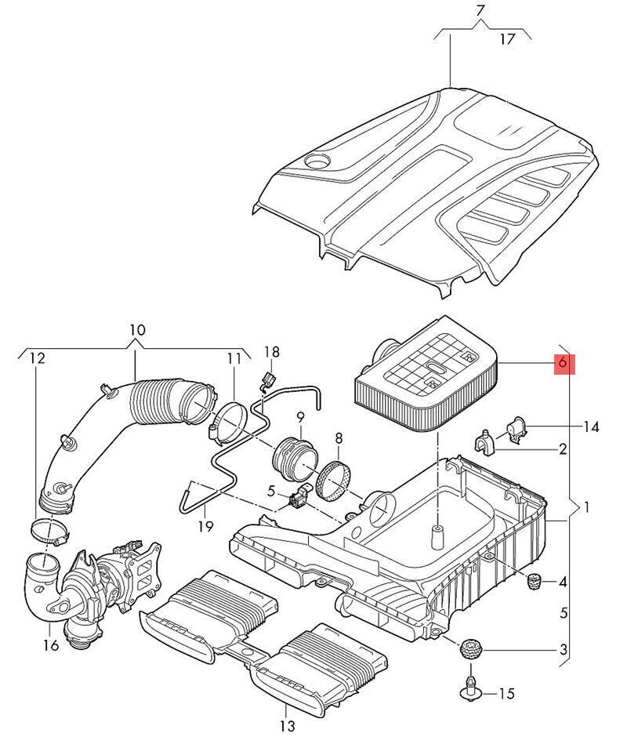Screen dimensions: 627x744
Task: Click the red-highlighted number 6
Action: [x=563, y=363]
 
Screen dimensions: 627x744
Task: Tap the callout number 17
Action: [x=507, y=39]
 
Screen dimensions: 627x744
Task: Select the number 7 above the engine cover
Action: [x=481, y=11]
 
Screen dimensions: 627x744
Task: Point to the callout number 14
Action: [x=591, y=427]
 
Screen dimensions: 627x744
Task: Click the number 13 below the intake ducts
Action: [x=287, y=726]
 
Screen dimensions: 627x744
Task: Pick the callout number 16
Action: [x=51, y=645]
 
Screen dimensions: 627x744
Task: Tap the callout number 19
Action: [x=206, y=526]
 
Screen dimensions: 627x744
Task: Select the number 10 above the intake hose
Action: [x=137, y=330]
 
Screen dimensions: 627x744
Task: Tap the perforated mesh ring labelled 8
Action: [x=334, y=481]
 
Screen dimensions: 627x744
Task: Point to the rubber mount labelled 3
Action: [x=470, y=649]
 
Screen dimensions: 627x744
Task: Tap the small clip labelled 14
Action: [x=516, y=430]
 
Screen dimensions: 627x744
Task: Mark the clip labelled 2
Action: [x=484, y=442]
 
